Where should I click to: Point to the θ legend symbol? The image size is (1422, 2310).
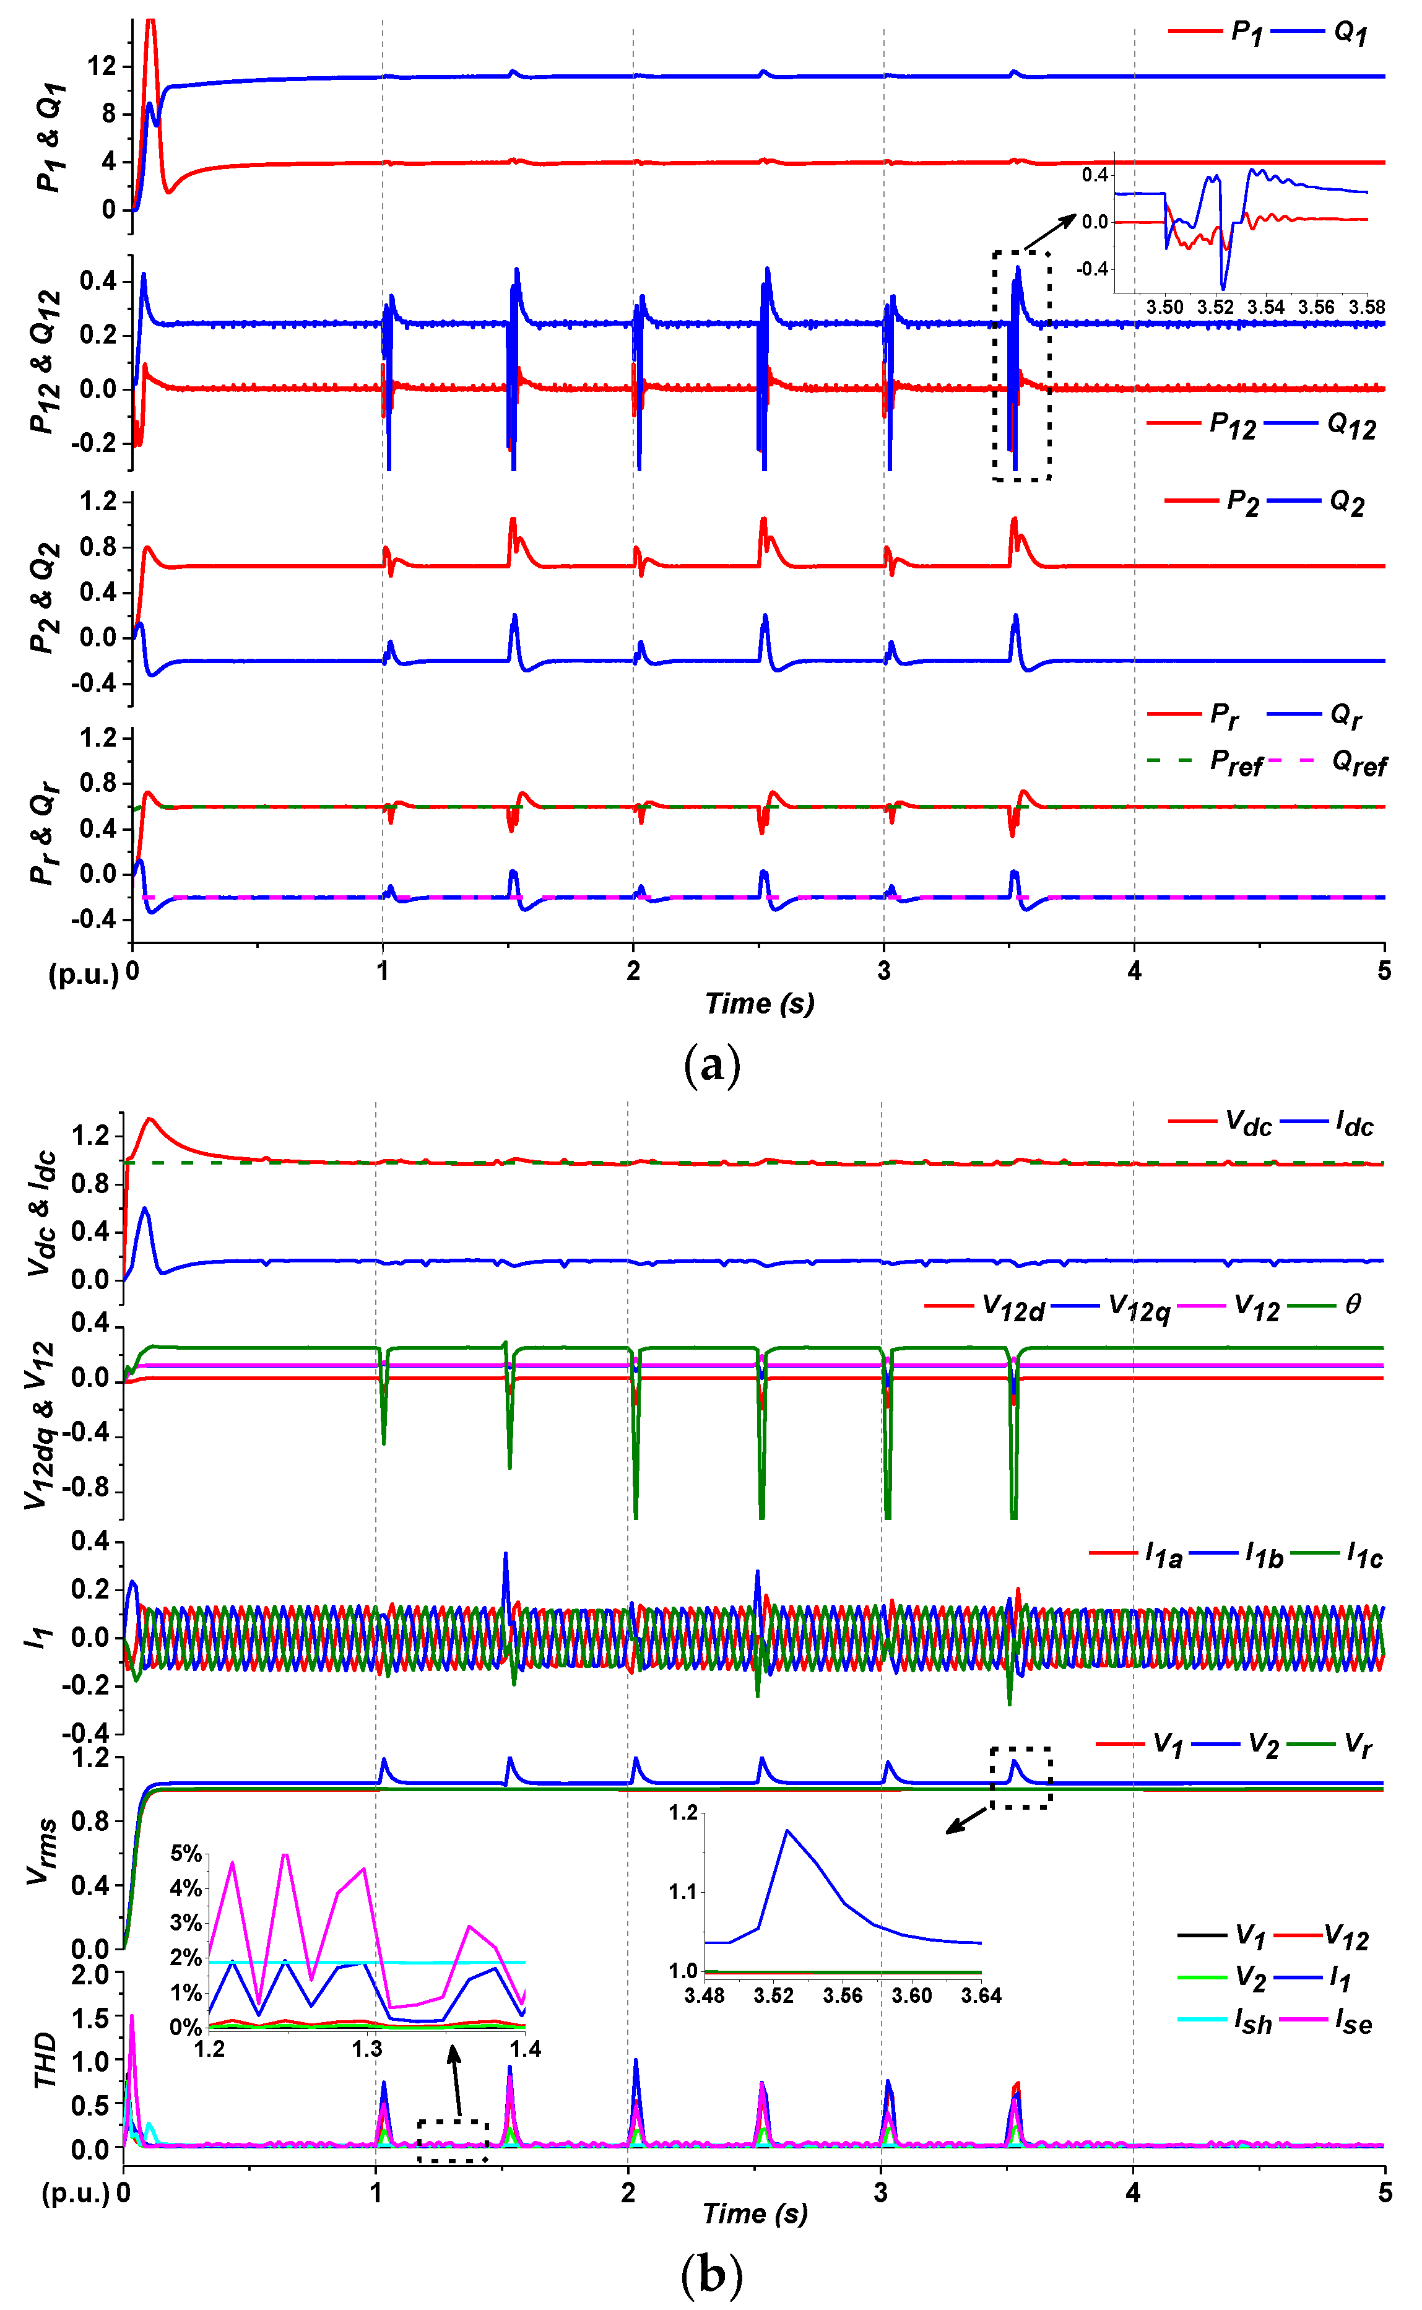[1353, 1305]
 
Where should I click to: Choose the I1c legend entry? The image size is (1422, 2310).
[1364, 1556]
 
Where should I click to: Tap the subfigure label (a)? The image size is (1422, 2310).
[712, 1066]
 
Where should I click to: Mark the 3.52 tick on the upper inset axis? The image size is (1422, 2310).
[1215, 308]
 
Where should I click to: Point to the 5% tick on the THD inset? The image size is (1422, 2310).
[186, 1853]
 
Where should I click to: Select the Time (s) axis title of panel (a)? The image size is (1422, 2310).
[760, 1004]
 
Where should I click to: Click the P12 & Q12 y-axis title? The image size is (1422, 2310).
[45, 362]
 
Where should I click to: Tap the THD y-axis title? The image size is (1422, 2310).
[45, 2060]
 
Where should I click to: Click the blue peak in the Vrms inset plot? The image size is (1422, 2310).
[786, 1830]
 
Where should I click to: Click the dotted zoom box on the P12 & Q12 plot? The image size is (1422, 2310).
[1021, 366]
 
